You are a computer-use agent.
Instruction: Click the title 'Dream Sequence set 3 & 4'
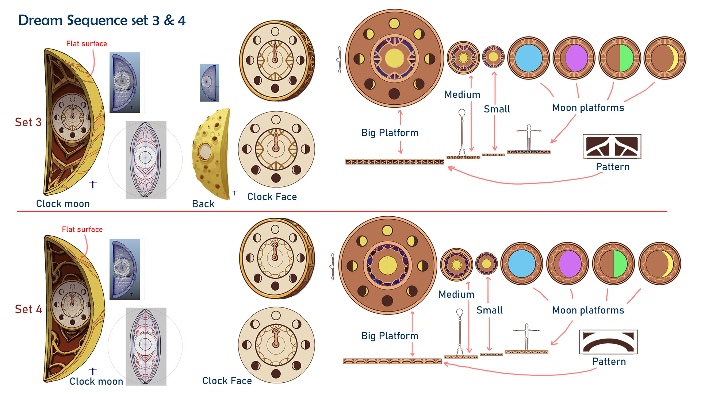click(x=102, y=20)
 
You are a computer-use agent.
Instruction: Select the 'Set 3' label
click(x=28, y=122)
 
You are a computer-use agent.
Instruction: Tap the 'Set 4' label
click(x=28, y=309)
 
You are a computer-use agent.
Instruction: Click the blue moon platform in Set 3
click(x=528, y=58)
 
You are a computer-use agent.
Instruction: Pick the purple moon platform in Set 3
click(x=574, y=58)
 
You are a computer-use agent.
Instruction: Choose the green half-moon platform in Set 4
click(x=613, y=263)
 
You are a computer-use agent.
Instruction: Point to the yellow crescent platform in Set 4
click(x=659, y=263)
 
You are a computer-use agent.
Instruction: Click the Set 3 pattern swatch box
click(x=612, y=146)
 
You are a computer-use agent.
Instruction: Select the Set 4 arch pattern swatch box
click(x=608, y=342)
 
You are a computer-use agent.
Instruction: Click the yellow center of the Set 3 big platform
click(x=394, y=58)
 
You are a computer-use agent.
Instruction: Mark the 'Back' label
click(x=203, y=204)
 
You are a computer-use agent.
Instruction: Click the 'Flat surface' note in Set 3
click(x=87, y=44)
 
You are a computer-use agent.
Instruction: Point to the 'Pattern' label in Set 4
click(x=609, y=362)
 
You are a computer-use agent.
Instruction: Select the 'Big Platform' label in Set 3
click(x=390, y=133)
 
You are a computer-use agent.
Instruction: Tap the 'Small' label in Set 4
click(x=490, y=310)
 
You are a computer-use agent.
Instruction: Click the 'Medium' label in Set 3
click(x=462, y=95)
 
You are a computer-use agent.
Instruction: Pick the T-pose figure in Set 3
click(x=528, y=137)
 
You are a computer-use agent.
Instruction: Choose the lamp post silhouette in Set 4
click(x=460, y=332)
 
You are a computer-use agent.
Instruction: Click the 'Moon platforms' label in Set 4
click(x=588, y=310)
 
